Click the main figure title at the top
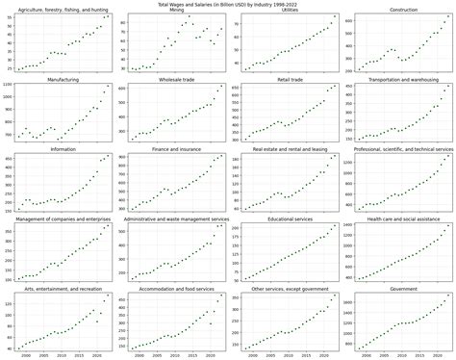tap(228, 4)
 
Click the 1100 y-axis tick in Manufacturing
tap(9, 85)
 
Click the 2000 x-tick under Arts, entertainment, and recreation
tap(26, 354)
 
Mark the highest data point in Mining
tap(189, 16)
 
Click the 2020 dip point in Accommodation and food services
tap(212, 323)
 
